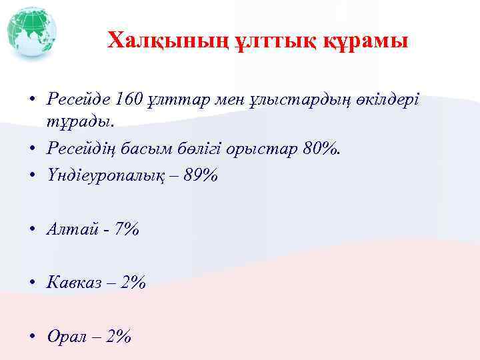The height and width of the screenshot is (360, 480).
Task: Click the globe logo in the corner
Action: pos(31,32)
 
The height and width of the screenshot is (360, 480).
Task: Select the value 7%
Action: pos(126,229)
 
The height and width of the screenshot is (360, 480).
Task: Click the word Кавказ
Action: pos(75,283)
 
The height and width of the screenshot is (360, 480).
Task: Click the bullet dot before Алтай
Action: pos(31,230)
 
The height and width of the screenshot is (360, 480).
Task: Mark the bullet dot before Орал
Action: pos(31,337)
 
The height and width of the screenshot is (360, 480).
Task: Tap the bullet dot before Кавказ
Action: pos(31,283)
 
